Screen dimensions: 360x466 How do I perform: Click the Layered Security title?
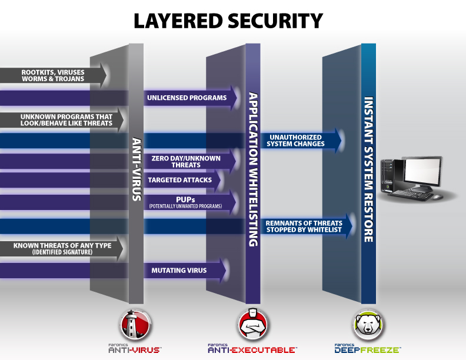click(x=228, y=21)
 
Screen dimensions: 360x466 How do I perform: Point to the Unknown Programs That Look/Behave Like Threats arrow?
click(x=65, y=120)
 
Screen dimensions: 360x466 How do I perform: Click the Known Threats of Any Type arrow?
click(x=62, y=248)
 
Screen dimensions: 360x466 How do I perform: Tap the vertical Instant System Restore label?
click(x=368, y=169)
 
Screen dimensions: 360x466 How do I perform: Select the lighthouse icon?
click(x=136, y=323)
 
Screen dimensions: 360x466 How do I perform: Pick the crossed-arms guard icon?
click(x=252, y=324)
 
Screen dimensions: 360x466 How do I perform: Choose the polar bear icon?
click(x=368, y=324)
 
